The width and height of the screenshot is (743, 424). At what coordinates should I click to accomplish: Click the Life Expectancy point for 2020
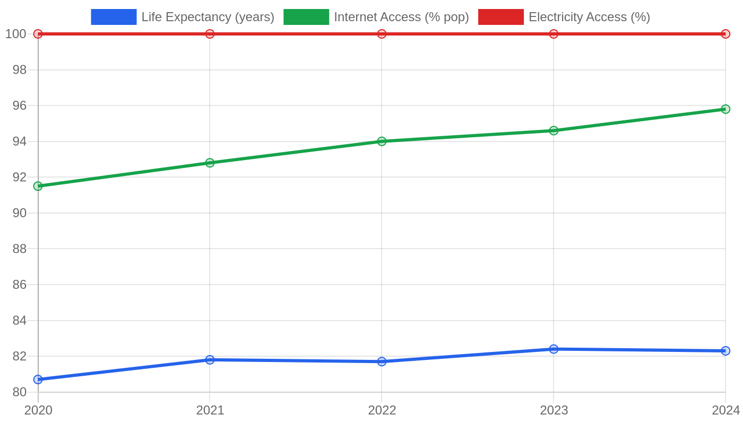click(38, 379)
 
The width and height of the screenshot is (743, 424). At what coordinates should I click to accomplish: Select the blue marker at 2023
click(554, 349)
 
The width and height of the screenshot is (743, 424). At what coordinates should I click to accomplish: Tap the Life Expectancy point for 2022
click(382, 361)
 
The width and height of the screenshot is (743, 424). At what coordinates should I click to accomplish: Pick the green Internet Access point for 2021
click(210, 163)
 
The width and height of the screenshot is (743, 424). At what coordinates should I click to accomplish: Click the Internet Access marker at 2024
click(725, 109)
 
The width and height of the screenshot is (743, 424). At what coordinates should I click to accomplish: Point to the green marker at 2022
click(382, 141)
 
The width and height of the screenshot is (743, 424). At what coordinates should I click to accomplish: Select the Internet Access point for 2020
click(38, 186)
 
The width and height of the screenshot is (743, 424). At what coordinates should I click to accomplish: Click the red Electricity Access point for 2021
click(210, 34)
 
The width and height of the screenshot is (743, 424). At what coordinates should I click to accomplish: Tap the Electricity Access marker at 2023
click(554, 34)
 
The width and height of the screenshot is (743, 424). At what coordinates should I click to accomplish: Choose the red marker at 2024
click(725, 34)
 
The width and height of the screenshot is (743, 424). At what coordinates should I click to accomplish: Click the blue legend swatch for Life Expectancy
click(114, 17)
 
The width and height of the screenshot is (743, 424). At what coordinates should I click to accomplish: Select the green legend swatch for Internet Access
click(306, 17)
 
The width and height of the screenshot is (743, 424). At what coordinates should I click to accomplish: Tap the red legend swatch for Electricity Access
click(501, 17)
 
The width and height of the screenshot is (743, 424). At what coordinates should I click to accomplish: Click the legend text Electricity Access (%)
click(590, 17)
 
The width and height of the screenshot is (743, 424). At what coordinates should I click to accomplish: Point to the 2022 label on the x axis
click(382, 410)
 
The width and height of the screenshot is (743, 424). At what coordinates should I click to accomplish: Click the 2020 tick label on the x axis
click(38, 410)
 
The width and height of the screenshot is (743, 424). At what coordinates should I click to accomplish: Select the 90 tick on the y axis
click(20, 213)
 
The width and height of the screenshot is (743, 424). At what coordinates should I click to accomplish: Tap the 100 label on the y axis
click(16, 34)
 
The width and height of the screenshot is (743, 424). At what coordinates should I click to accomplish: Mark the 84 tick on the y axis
click(20, 320)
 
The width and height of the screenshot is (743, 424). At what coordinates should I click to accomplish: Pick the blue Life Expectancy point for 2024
click(725, 350)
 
